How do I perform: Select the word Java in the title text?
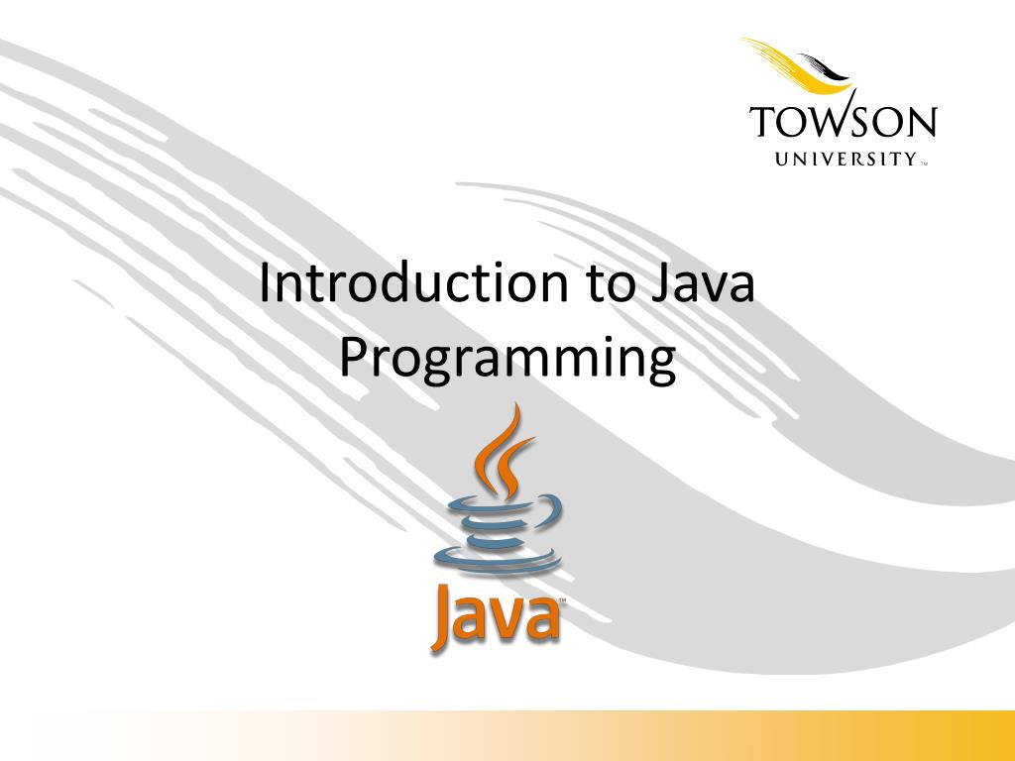tap(703, 284)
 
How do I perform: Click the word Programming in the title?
tap(507, 361)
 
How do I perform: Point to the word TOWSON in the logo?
tap(843, 123)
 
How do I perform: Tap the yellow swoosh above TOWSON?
tap(799, 61)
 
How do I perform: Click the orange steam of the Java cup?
tap(502, 451)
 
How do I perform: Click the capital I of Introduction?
tap(265, 284)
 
